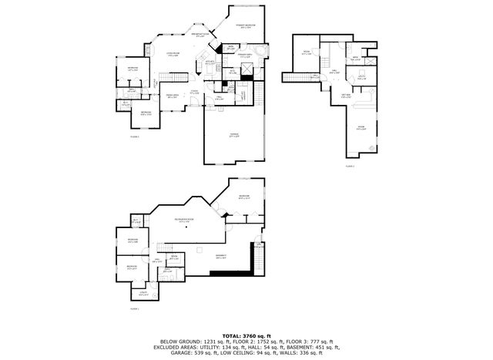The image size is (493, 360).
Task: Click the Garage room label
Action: click(x=233, y=136)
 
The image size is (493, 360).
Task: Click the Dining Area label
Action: click(x=173, y=96)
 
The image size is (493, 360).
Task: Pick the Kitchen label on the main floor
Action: click(x=210, y=63)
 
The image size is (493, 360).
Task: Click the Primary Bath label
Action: click(x=245, y=56)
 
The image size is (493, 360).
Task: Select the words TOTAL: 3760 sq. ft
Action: click(x=246, y=336)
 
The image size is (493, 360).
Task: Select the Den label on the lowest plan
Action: click(x=174, y=256)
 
